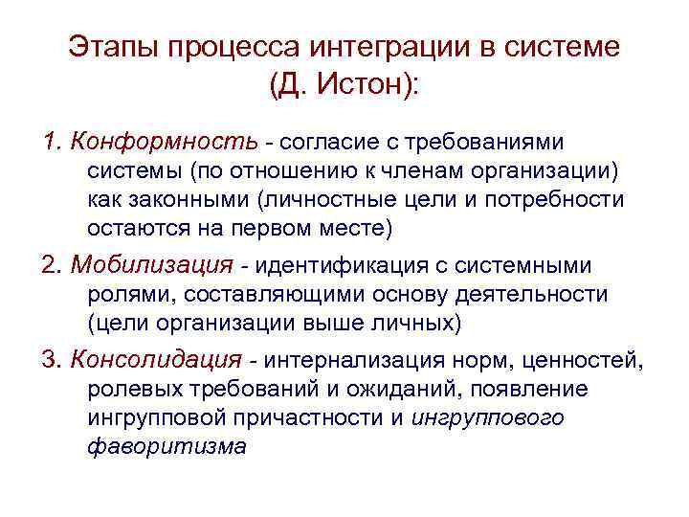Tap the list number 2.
(x=49, y=265)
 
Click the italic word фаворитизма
(x=167, y=447)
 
